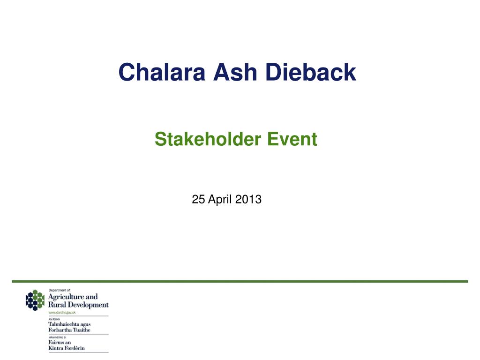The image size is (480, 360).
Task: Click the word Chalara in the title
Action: tap(162, 72)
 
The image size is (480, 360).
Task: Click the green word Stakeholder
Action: tap(208, 139)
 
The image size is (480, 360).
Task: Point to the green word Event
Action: tap(292, 139)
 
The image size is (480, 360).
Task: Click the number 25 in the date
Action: tap(198, 199)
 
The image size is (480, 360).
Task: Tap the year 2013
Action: tap(248, 199)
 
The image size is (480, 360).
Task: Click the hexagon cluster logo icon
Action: tap(35, 300)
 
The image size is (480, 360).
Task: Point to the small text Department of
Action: tap(60, 290)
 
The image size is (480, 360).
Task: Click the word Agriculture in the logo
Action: tap(66, 297)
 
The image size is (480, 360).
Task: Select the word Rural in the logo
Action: tap(57, 305)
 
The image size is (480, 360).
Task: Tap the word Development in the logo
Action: tap(88, 305)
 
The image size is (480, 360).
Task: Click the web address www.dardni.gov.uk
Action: tap(62, 313)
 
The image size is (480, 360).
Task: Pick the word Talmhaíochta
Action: tap(63, 324)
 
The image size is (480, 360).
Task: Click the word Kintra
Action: tap(56, 348)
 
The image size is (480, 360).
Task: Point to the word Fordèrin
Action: tap(75, 348)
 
